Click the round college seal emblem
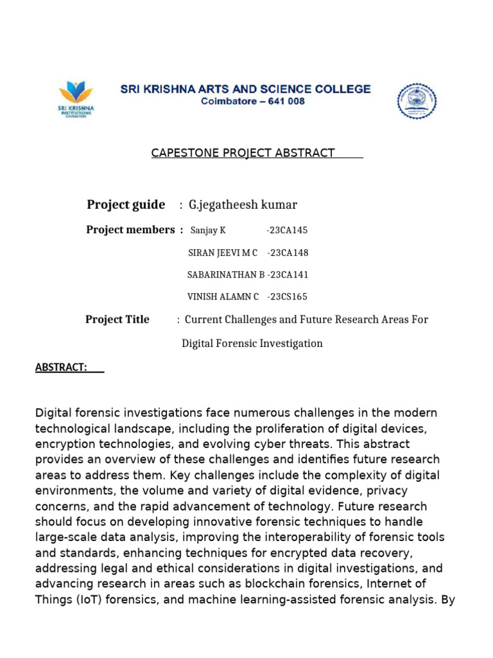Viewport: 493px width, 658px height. click(x=417, y=101)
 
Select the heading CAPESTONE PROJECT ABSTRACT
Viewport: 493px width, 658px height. click(x=243, y=153)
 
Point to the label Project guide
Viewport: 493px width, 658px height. click(x=126, y=205)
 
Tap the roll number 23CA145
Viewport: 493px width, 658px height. click(x=287, y=231)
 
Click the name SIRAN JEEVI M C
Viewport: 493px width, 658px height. click(x=222, y=253)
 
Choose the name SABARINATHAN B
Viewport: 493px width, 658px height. click(x=225, y=275)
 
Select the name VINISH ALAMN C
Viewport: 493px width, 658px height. click(x=223, y=297)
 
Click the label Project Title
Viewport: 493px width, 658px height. click(x=117, y=319)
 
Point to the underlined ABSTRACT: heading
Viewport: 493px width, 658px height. click(x=61, y=367)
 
